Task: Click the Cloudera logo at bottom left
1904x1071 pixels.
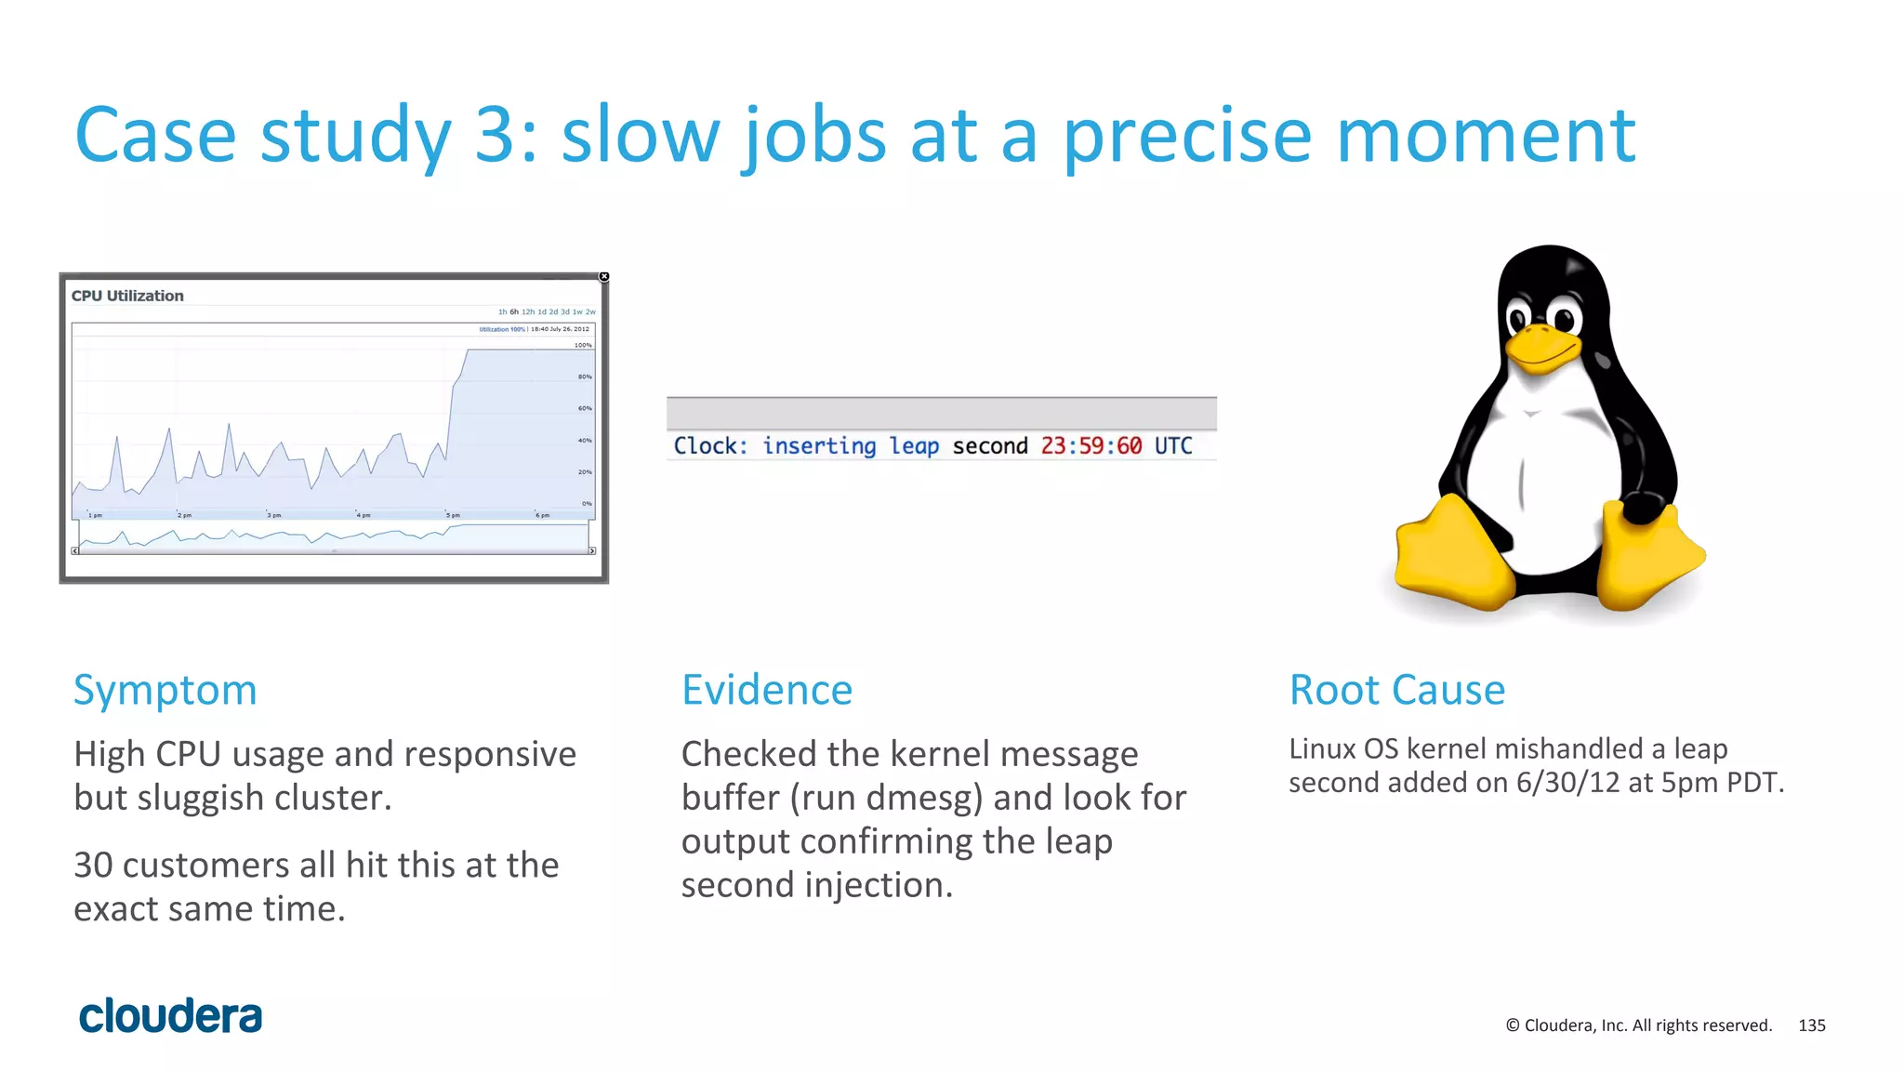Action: (x=170, y=1016)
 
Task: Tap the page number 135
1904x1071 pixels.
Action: (x=1811, y=1025)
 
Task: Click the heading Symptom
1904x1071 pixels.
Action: (x=165, y=690)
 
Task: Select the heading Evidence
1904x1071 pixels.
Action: (x=766, y=690)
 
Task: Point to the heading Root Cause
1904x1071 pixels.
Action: (x=1396, y=690)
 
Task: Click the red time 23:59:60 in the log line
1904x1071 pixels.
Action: (x=1091, y=446)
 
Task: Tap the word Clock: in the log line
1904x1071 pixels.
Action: (x=710, y=446)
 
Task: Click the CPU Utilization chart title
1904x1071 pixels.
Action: (x=127, y=296)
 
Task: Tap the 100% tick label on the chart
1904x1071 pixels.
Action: (x=583, y=345)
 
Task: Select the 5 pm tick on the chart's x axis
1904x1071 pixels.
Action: (x=453, y=515)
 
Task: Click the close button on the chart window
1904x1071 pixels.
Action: (x=603, y=277)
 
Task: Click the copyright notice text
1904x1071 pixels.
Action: (x=1638, y=1025)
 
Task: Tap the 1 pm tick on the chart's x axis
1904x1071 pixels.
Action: (x=95, y=515)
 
